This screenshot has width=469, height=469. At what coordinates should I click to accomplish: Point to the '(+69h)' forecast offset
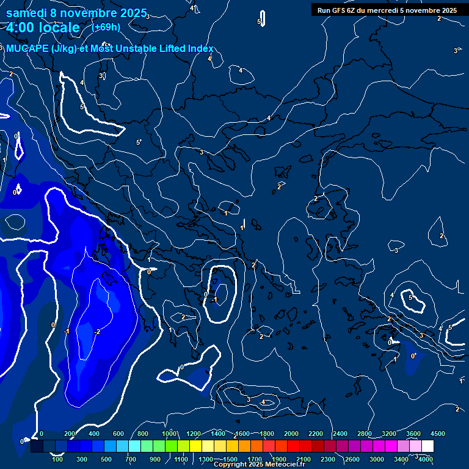coord(106,27)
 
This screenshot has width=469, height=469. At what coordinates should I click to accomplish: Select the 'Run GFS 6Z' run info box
coord(387,10)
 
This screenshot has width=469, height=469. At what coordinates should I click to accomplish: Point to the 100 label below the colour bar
coord(58,459)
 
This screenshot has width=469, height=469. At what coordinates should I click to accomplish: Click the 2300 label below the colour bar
coord(327,459)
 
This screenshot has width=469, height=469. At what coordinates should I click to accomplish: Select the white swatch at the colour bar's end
coord(427,446)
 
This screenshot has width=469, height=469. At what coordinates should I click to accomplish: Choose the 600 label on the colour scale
coord(118,434)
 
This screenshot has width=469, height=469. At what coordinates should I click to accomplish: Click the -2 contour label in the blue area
coord(97,332)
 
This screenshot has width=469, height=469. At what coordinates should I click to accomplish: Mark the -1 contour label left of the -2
coord(67,332)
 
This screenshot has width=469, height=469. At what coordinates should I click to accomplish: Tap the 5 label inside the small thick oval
coord(411,298)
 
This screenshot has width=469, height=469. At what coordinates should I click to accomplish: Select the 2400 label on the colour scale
coord(340,434)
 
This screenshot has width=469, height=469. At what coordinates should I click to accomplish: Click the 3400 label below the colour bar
coord(401,459)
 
